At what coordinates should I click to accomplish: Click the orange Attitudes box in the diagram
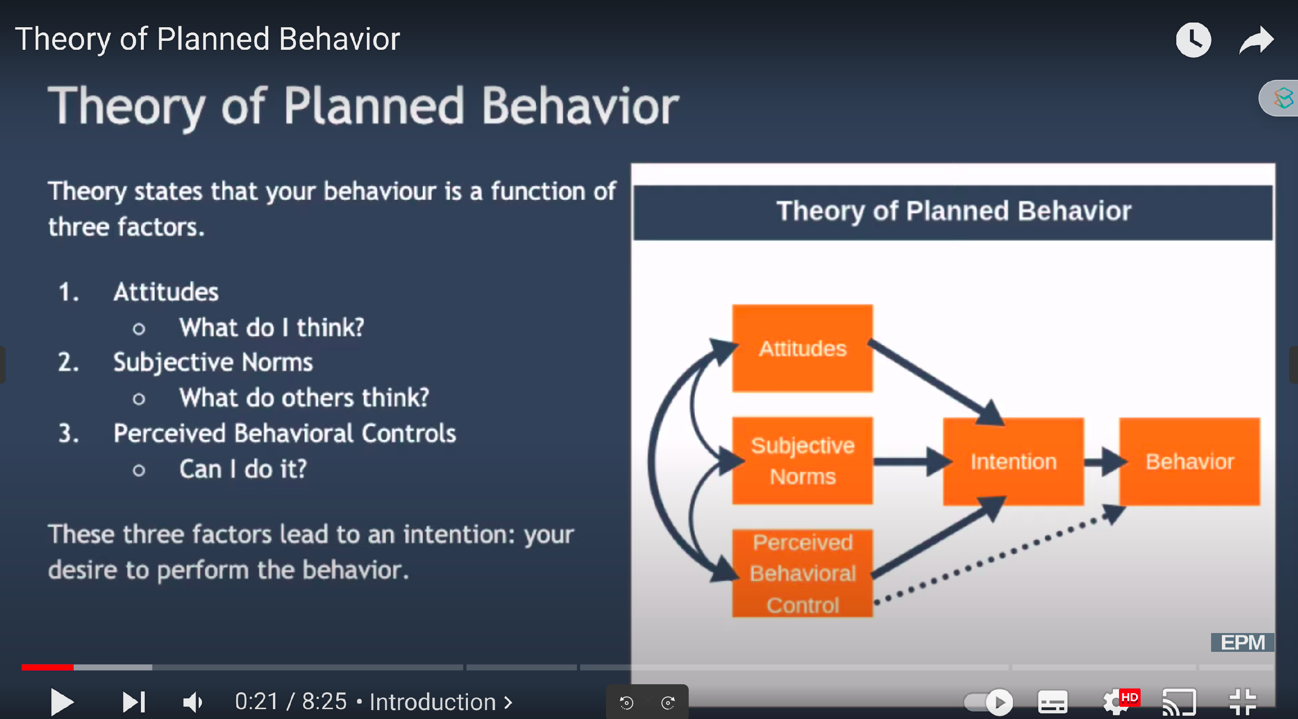(x=802, y=348)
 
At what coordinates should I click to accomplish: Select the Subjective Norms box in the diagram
(x=802, y=461)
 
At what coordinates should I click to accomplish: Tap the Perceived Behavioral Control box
(x=802, y=573)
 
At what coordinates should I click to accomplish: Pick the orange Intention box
(x=1013, y=461)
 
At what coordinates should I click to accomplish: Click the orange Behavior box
(x=1189, y=461)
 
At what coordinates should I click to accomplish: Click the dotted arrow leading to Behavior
(x=998, y=557)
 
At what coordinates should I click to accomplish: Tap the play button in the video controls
(x=62, y=702)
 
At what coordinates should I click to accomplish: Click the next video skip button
(x=133, y=702)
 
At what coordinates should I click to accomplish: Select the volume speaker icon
(x=193, y=702)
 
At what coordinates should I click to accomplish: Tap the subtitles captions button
(x=1053, y=702)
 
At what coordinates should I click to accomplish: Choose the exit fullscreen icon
(x=1243, y=702)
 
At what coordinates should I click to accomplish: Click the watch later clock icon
(x=1193, y=40)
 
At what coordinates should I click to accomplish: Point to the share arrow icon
(x=1256, y=40)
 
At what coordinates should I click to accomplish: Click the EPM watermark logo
(x=1242, y=642)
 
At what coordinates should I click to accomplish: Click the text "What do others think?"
(x=304, y=398)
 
